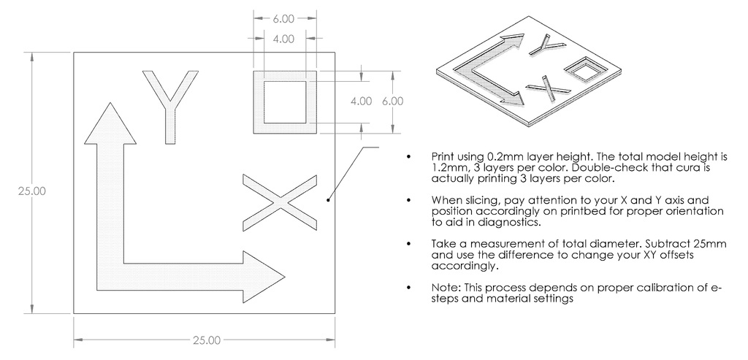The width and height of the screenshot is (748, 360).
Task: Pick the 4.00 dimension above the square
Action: coord(284,39)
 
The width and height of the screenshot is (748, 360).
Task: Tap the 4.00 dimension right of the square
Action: coord(361,102)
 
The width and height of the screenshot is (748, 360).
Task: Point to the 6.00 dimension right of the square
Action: coord(392,102)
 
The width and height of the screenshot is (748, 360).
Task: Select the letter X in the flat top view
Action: coord(280,201)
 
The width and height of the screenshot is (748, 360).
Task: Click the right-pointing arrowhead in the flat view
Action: coord(262,277)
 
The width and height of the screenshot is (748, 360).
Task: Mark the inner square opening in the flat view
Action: coord(285,102)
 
